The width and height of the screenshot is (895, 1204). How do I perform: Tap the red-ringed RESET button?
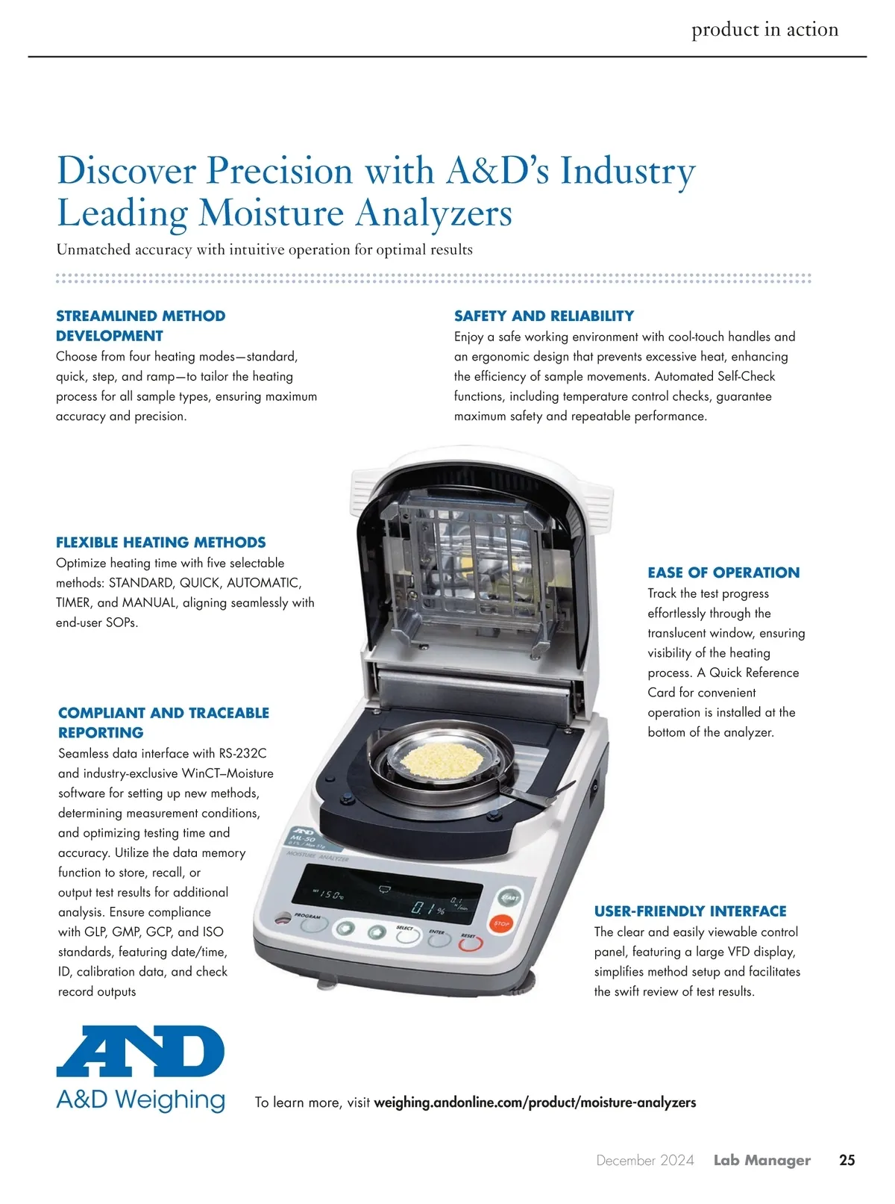click(x=470, y=944)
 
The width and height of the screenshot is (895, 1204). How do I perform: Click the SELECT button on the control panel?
click(x=407, y=936)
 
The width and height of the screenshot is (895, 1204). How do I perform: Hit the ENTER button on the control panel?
click(x=439, y=940)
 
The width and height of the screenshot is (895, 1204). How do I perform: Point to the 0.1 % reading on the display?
click(x=430, y=908)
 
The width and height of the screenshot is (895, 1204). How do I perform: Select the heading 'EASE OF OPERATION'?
click(x=723, y=573)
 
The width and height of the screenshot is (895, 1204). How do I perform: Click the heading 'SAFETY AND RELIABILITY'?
click(x=544, y=316)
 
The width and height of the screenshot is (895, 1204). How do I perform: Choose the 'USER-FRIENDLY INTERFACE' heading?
click(x=690, y=911)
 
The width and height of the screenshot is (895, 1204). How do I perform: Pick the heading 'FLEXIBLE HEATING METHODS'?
click(x=160, y=543)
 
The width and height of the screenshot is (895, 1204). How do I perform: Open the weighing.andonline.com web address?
click(x=534, y=1102)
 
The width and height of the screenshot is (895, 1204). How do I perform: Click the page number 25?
click(x=847, y=1160)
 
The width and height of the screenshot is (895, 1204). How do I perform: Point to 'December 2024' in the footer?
click(x=644, y=1160)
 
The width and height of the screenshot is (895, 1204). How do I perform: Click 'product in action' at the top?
click(x=764, y=30)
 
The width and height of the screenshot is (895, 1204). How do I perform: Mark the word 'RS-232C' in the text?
click(x=242, y=753)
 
